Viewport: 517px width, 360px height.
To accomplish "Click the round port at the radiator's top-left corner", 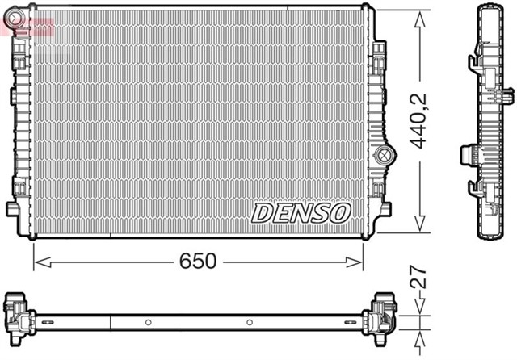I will (19, 14).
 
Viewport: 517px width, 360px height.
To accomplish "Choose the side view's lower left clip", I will (475, 190).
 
